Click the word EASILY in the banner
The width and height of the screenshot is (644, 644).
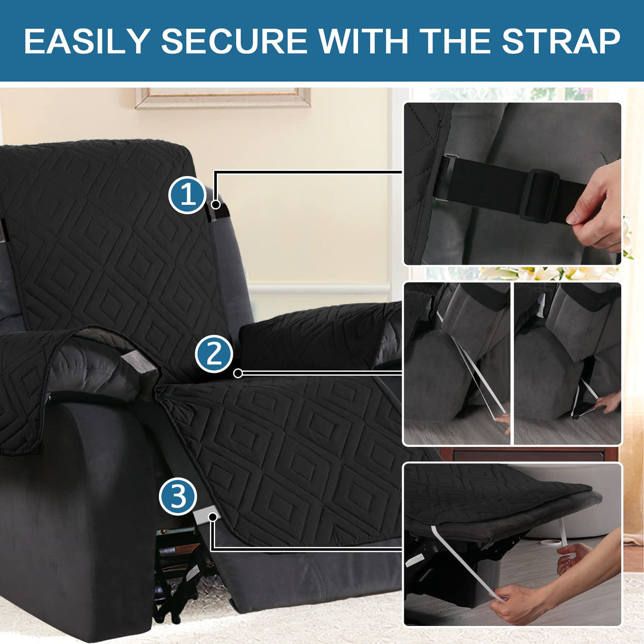tap(87, 41)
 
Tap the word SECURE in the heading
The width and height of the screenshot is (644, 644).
tap(234, 41)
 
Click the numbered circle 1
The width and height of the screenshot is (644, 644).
tap(187, 195)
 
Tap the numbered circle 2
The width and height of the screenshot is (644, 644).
tap(214, 354)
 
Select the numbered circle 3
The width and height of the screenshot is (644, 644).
tap(178, 497)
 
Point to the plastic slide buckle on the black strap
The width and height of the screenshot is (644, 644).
tap(538, 195)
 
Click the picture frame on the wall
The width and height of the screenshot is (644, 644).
tap(223, 98)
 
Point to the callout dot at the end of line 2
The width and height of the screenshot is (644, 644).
tap(238, 373)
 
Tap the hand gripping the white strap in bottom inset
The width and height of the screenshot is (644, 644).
tap(517, 602)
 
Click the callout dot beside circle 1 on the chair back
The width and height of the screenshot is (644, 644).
tap(215, 204)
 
